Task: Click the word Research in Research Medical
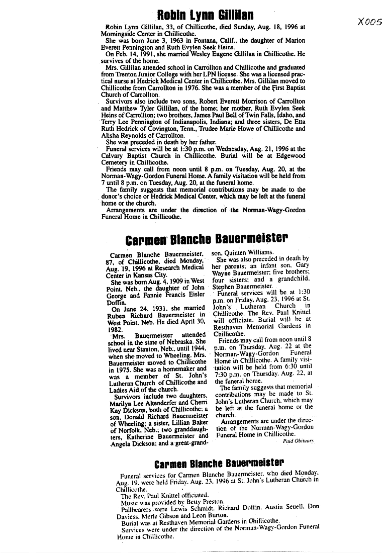tap(169, 267)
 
